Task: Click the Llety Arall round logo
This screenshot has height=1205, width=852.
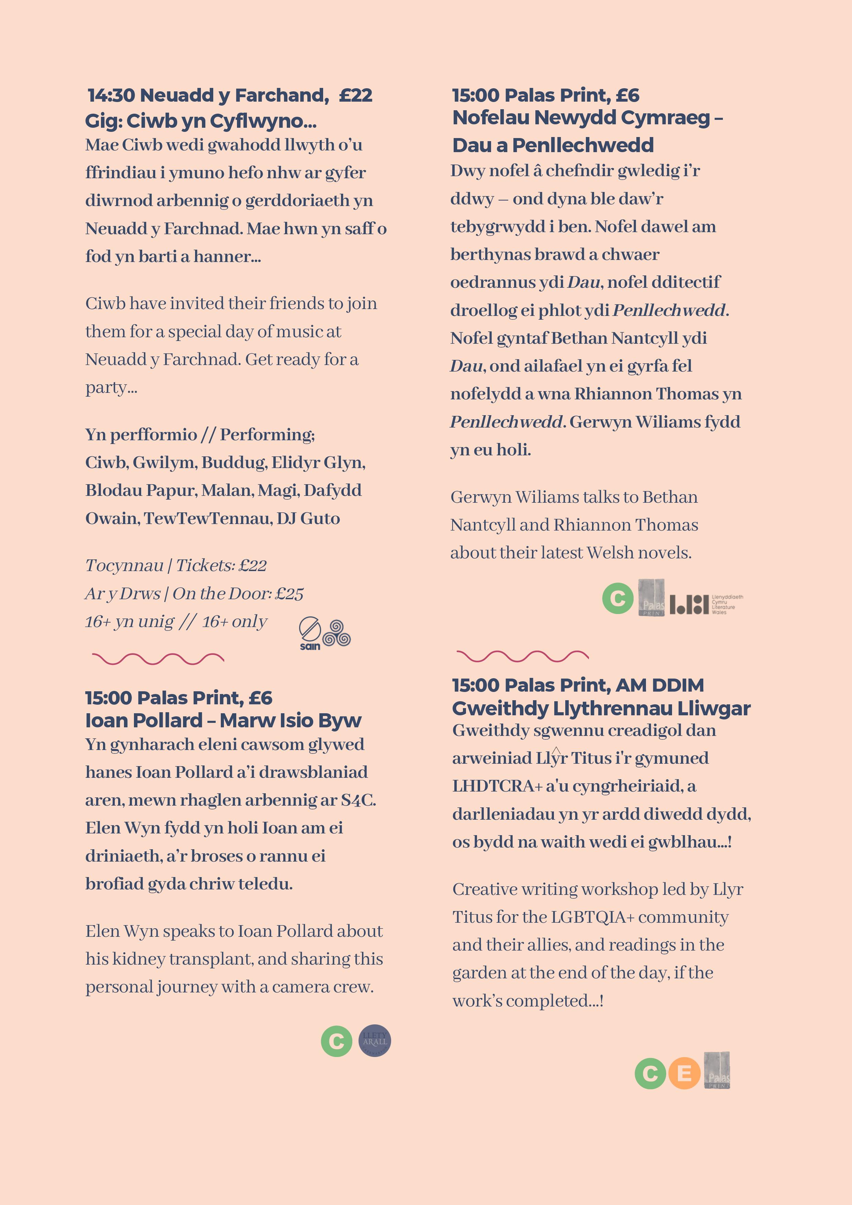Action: pyautogui.click(x=375, y=1041)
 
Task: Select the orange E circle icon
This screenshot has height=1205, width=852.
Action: pyautogui.click(x=684, y=1073)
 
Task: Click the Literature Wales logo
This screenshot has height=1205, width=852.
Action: pyautogui.click(x=706, y=604)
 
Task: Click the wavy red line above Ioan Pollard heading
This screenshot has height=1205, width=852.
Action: pyautogui.click(x=158, y=659)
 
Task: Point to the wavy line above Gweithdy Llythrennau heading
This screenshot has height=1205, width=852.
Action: pyautogui.click(x=522, y=656)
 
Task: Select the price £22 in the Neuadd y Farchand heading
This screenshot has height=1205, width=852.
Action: pyautogui.click(x=355, y=95)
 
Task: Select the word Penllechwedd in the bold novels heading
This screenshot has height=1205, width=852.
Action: pyautogui.click(x=583, y=145)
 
